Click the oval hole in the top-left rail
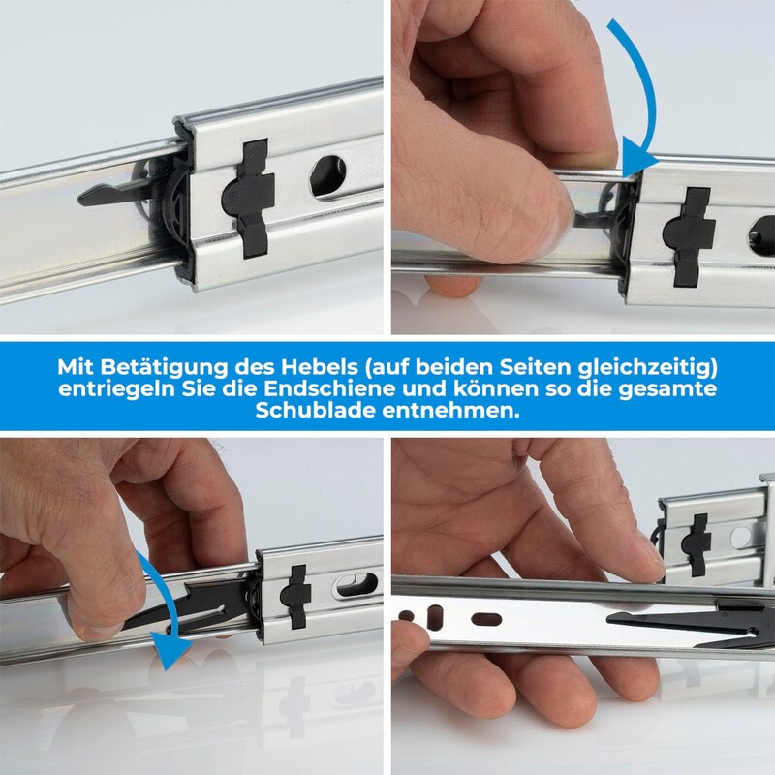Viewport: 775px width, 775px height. (x=328, y=176)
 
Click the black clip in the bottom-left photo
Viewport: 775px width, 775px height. (x=295, y=597)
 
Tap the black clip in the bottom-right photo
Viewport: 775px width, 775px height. (x=696, y=544)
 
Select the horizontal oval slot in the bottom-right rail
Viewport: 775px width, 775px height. (x=486, y=620)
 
